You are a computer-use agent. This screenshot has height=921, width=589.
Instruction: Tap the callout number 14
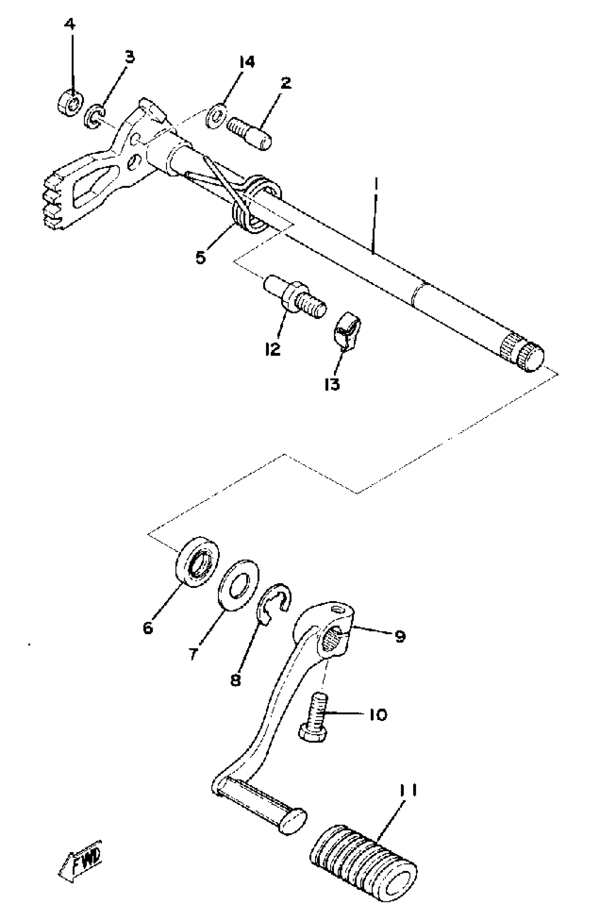pyautogui.click(x=247, y=62)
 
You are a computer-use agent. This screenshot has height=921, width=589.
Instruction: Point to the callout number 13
pyautogui.click(x=332, y=384)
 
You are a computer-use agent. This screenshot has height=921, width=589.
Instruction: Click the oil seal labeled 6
pyautogui.click(x=197, y=561)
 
